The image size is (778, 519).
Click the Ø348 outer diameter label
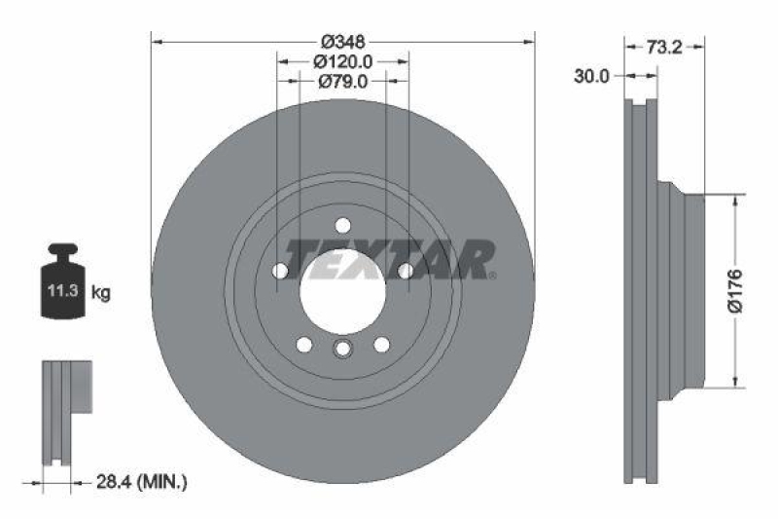tap(342, 42)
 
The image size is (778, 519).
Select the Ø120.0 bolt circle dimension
tap(342, 61)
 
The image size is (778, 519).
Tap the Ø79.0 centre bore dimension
tap(342, 82)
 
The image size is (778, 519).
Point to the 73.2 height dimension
tap(665, 45)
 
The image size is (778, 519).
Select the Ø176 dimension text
tap(735, 290)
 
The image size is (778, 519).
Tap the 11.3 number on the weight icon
tap(58, 291)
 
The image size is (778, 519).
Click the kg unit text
tap(99, 291)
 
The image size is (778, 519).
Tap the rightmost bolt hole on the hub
tap(404, 271)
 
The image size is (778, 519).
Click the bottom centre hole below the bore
tap(342, 350)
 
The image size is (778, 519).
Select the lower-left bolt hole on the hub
tap(304, 344)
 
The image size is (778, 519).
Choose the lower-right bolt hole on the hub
tap(381, 344)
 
